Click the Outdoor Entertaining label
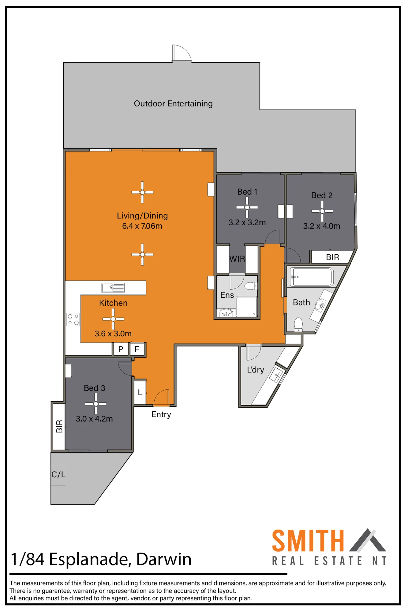tap(173, 104)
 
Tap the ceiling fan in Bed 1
tap(247, 207)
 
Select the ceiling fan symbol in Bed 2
tap(322, 211)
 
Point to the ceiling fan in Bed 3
tap(96, 404)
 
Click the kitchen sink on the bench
tap(113, 288)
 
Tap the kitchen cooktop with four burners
tap(73, 319)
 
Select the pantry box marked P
tap(121, 349)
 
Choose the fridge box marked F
tap(137, 349)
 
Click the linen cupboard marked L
tap(140, 392)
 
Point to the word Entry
tap(161, 415)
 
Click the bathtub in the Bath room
tap(312, 277)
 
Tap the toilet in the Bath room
tap(298, 325)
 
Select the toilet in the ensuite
tap(251, 286)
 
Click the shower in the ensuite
tap(247, 306)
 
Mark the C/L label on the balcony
tap(58, 475)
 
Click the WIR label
tap(237, 259)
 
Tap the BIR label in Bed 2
tap(333, 257)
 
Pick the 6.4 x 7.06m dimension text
tap(142, 226)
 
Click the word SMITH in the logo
tap(308, 541)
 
